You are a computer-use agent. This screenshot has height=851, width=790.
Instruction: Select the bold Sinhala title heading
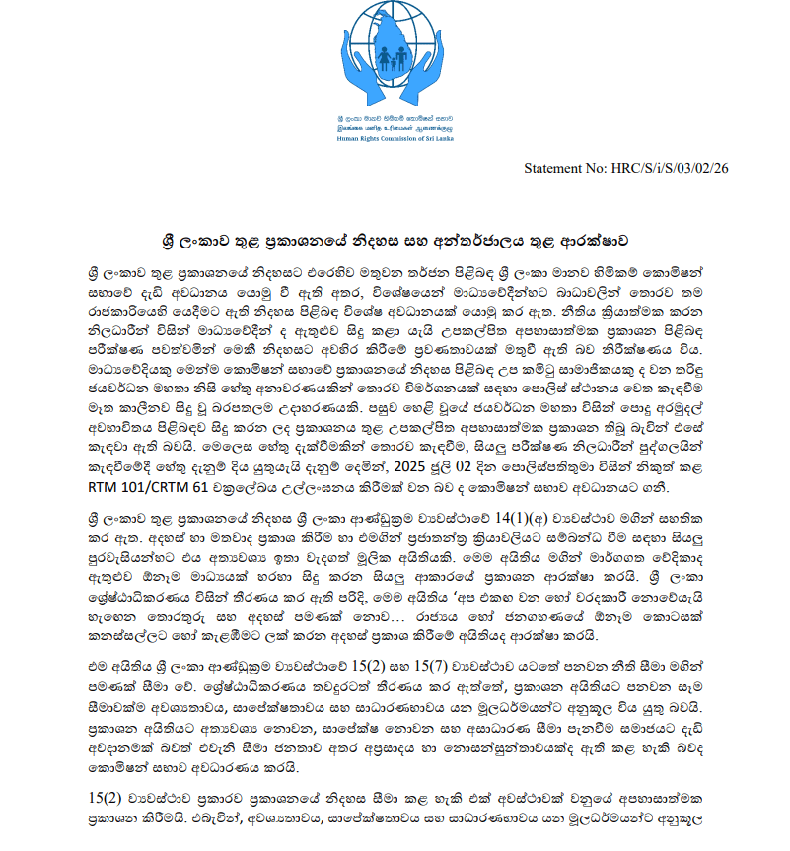[395, 241]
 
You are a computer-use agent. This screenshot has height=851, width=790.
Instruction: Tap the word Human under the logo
[345, 139]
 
